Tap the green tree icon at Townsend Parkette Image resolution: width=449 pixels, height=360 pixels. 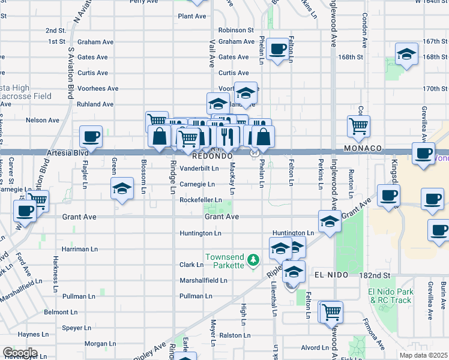253,260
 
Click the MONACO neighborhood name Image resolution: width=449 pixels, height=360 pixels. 363,148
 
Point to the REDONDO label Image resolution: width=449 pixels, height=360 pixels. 212,155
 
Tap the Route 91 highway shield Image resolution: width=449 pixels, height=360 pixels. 254,154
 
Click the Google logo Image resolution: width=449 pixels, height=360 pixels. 20,353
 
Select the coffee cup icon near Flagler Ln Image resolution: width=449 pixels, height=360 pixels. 91,136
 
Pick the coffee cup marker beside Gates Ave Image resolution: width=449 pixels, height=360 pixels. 277,49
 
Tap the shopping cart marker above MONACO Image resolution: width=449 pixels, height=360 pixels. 358,125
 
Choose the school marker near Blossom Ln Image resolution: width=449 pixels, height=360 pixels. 122,189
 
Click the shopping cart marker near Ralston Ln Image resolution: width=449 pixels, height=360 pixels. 331,311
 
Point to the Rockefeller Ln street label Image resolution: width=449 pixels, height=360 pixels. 200,200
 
